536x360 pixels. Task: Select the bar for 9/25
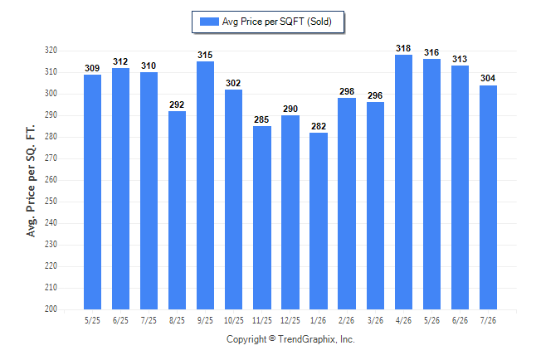(205, 185)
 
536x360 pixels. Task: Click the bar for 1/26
(319, 221)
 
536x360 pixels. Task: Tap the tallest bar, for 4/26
(403, 182)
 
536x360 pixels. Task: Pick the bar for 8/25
(177, 210)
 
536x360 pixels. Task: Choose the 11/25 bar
(262, 218)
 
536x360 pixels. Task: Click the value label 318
(403, 49)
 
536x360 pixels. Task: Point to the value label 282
(319, 126)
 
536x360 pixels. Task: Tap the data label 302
(233, 84)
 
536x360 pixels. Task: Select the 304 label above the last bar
(488, 78)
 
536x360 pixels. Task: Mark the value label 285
(261, 119)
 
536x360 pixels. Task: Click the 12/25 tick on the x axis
(290, 320)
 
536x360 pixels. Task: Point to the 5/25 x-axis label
(92, 320)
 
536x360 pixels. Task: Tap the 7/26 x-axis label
(488, 320)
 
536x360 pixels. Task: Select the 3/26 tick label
(375, 320)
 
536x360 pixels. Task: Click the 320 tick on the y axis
(51, 51)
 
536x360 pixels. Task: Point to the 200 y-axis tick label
(51, 309)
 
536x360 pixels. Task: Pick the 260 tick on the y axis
(51, 179)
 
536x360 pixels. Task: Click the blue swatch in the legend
(209, 22)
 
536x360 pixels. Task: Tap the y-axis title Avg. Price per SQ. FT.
(31, 181)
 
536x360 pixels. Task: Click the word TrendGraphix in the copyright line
(307, 339)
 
